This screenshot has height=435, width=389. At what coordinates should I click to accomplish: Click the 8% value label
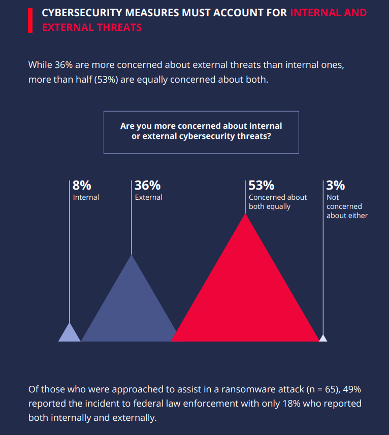(x=82, y=186)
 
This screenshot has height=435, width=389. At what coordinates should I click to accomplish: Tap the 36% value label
(x=147, y=186)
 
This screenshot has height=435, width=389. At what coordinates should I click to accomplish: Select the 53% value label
(x=262, y=186)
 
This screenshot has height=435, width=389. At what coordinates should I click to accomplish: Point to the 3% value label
(x=336, y=186)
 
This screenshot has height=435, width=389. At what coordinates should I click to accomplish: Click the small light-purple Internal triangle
(x=70, y=335)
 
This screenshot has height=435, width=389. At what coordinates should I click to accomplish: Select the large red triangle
(x=246, y=294)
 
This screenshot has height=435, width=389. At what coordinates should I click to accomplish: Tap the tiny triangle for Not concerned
(x=323, y=338)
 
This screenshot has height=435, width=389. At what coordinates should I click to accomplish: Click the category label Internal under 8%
(x=86, y=197)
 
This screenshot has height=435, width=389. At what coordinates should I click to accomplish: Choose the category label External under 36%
(x=148, y=197)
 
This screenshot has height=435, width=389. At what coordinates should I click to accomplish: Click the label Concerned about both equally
(x=277, y=202)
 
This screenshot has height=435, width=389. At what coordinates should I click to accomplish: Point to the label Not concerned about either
(x=347, y=206)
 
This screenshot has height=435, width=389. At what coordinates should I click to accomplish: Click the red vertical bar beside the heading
(x=30, y=20)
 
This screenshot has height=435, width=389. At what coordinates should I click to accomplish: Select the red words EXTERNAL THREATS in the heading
(x=92, y=27)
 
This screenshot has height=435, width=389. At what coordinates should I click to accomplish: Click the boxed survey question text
(x=201, y=131)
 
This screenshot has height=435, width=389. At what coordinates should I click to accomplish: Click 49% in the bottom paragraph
(x=353, y=389)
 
